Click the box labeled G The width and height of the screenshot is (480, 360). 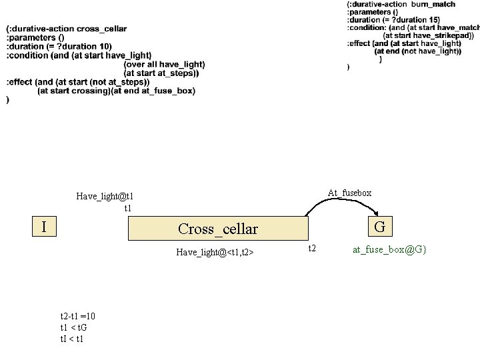point(379,227)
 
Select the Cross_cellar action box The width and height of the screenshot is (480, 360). point(218,229)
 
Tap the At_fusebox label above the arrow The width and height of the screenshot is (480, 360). point(349,193)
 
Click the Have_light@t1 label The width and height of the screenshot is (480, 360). point(105,196)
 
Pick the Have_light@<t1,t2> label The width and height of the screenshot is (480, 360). point(215,252)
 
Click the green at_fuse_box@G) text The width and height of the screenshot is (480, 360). point(389,249)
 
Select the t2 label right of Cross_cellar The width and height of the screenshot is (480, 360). point(311,249)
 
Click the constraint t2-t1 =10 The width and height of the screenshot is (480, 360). point(77,316)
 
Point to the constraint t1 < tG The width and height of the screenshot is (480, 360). point(73,327)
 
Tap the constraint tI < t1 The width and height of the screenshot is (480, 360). point(72,339)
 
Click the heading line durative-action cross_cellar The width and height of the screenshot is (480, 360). point(67,29)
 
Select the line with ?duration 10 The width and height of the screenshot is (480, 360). point(59,46)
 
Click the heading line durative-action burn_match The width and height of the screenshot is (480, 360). point(401,4)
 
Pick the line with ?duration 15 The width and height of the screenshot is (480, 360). point(393,20)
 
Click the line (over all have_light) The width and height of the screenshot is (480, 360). point(164,64)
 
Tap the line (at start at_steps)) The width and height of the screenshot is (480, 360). point(161,73)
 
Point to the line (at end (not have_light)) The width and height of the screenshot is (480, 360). point(417,51)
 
